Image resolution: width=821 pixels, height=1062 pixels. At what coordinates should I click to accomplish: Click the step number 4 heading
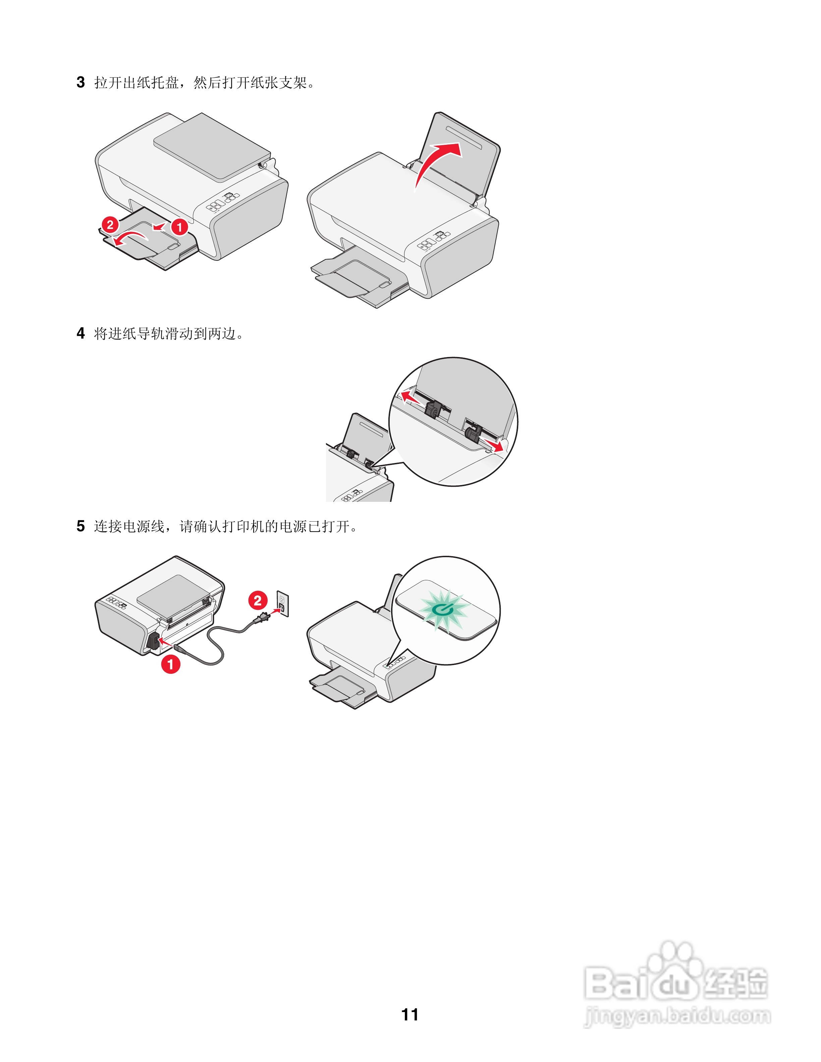click(x=81, y=334)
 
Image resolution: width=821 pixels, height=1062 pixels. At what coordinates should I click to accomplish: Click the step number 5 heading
click(x=81, y=526)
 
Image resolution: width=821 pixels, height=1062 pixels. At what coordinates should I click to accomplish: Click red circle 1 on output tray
click(x=179, y=227)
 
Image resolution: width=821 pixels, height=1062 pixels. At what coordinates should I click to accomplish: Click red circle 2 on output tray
click(x=110, y=225)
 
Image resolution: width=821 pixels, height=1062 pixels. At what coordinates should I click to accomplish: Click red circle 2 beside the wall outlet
click(x=258, y=600)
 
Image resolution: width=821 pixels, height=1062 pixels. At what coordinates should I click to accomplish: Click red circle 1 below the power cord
click(x=171, y=664)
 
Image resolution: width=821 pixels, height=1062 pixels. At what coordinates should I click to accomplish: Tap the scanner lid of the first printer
click(x=212, y=146)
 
